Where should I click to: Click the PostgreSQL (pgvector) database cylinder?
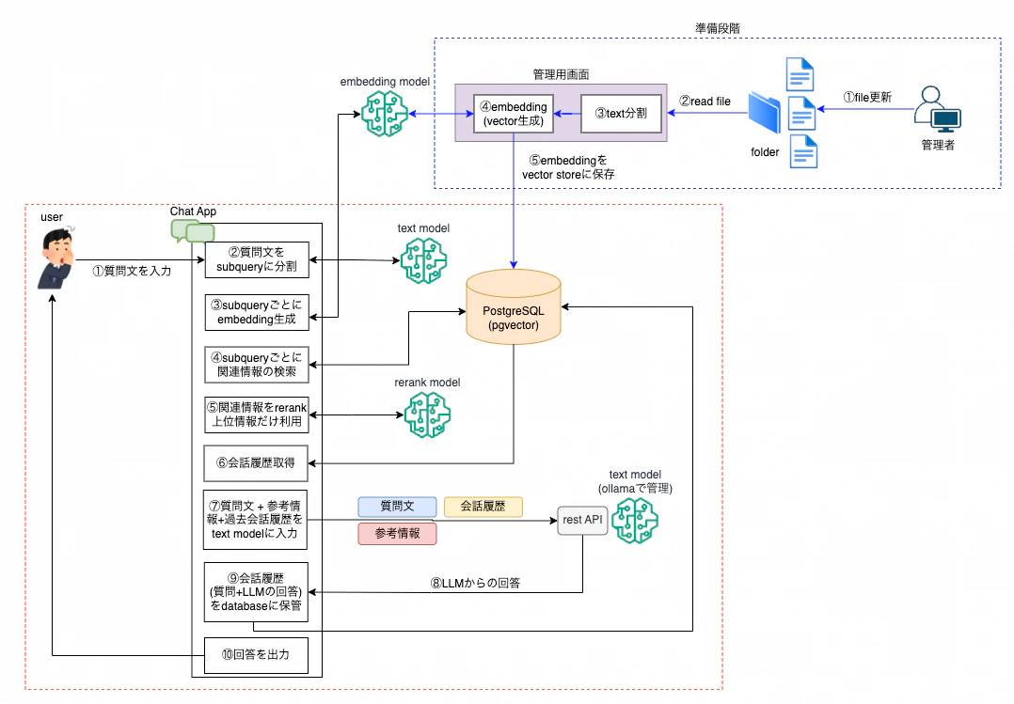click(514, 306)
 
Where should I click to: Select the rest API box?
click(582, 520)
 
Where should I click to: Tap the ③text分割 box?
click(621, 113)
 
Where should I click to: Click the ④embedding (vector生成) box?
click(515, 114)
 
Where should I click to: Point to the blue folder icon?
click(765, 113)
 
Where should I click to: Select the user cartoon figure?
click(56, 258)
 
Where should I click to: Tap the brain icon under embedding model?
click(384, 114)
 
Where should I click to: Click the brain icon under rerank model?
click(427, 415)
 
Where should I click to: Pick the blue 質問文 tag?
click(397, 507)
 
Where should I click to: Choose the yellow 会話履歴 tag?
click(483, 507)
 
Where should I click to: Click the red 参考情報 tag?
click(397, 534)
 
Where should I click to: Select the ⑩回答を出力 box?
click(256, 655)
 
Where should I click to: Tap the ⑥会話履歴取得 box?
click(256, 462)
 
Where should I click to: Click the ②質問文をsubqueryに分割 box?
click(257, 259)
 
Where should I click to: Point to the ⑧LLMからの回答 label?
click(475, 583)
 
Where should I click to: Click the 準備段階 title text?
click(718, 28)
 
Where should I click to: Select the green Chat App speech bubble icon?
click(193, 231)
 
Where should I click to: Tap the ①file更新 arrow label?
click(867, 98)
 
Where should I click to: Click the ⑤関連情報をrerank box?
click(257, 415)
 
